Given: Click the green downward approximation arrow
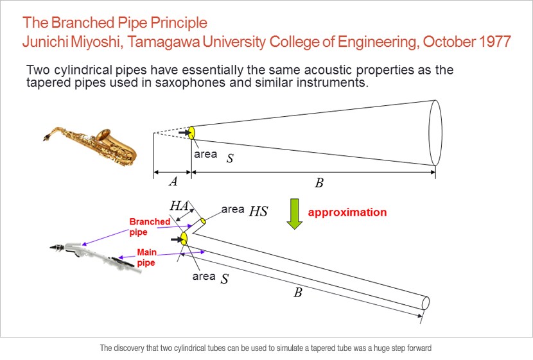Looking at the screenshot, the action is (x=294, y=214).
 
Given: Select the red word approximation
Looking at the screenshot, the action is (x=347, y=212).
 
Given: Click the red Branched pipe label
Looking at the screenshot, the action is (x=150, y=227).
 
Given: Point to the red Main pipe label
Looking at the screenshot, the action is (x=146, y=257).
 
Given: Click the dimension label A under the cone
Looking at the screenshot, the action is (x=173, y=182).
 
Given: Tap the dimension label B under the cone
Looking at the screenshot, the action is (x=319, y=183).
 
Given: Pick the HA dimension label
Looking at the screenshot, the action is (x=179, y=205).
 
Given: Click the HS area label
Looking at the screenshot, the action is (x=258, y=211).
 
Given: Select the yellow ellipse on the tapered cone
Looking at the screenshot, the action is (x=192, y=133).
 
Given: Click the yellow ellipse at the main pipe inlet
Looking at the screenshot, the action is (x=184, y=239).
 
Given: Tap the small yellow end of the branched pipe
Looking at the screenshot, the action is (x=203, y=221).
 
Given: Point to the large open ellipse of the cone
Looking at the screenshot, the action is (x=435, y=133).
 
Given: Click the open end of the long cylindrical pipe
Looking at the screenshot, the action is (x=426, y=303).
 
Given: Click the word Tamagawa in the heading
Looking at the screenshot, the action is (x=164, y=42).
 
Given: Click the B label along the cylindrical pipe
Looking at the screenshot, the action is (x=298, y=293).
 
